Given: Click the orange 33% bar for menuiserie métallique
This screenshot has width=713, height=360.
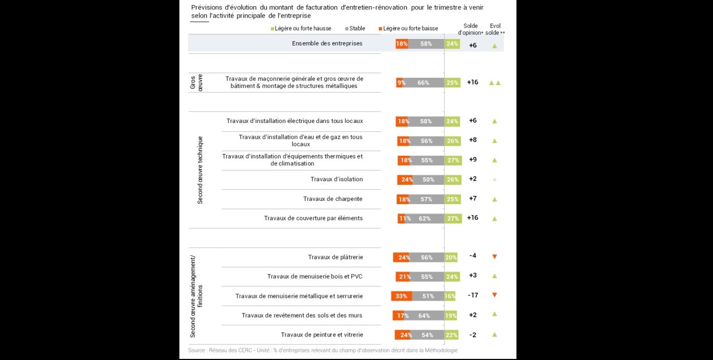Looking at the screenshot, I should tap(401, 296).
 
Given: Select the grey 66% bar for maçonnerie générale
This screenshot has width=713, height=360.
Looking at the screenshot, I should tap(423, 83).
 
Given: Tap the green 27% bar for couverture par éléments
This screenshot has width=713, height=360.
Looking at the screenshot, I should tap(453, 218).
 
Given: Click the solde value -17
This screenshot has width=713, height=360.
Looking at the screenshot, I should tap(473, 295).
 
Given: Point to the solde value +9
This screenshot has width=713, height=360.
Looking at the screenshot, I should tap(473, 160).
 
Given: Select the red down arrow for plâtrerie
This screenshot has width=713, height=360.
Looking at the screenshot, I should tap(494, 257).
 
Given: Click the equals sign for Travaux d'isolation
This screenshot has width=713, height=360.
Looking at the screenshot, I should tap(494, 179).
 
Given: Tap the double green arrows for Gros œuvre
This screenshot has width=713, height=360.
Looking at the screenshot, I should tap(495, 83).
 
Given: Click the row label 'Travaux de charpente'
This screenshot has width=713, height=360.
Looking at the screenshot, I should tap(332, 199).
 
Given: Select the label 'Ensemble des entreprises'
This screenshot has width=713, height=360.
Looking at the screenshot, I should tap(327, 43).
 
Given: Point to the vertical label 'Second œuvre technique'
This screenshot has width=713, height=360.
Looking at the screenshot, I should tap(200, 170).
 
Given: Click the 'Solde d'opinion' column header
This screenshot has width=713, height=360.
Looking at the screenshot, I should tap(470, 29).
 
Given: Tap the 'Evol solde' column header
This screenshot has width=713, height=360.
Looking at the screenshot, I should tap(495, 29).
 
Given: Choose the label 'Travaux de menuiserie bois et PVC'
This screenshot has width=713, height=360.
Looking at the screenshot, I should tap(315, 277).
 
